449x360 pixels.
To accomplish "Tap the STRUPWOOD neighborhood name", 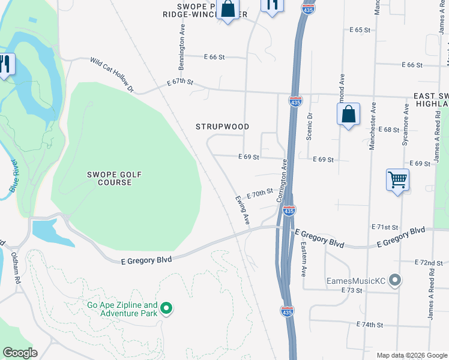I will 222,127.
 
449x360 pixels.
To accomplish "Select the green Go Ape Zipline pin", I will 167,309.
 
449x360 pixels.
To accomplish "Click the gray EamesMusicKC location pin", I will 394,280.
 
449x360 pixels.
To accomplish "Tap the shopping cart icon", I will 398,179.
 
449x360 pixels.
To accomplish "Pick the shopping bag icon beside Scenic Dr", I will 348,114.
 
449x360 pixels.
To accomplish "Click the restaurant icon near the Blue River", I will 6,64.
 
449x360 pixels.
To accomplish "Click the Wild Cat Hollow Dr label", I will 113,76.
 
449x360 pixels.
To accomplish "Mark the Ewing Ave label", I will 242,211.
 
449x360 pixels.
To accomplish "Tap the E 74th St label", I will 369,325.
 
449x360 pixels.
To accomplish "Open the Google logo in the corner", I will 20,353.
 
